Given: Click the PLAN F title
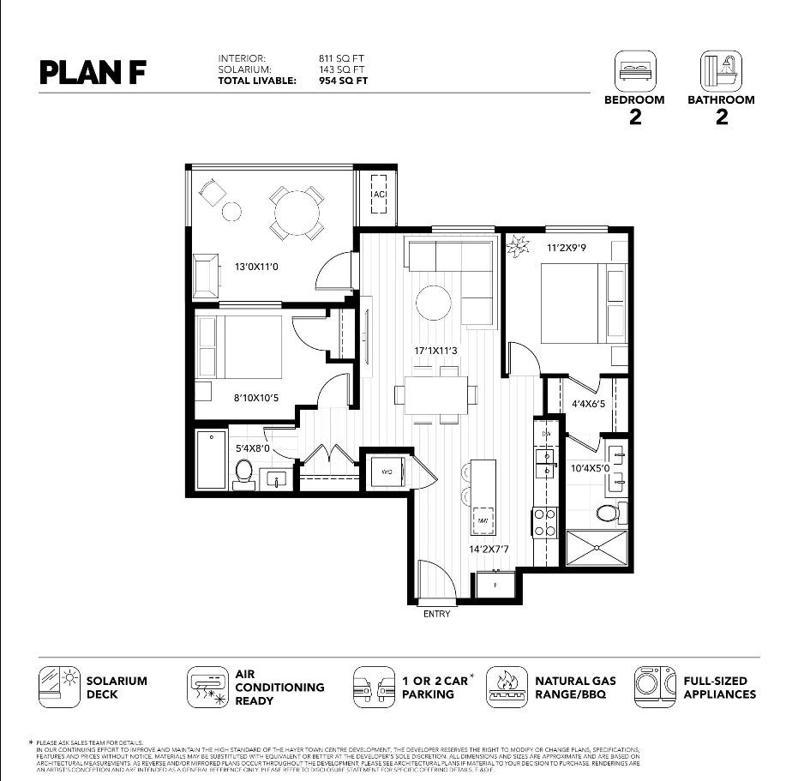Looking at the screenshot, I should (x=93, y=72).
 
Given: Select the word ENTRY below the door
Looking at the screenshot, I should (x=436, y=613).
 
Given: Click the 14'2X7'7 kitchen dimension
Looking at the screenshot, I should (x=489, y=549).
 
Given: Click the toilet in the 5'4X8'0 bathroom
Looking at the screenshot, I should (x=244, y=472).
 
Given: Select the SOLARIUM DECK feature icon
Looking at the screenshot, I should (x=59, y=688).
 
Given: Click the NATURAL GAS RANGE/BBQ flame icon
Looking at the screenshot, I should (x=507, y=688).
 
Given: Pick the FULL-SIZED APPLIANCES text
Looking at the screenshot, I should (x=719, y=688).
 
